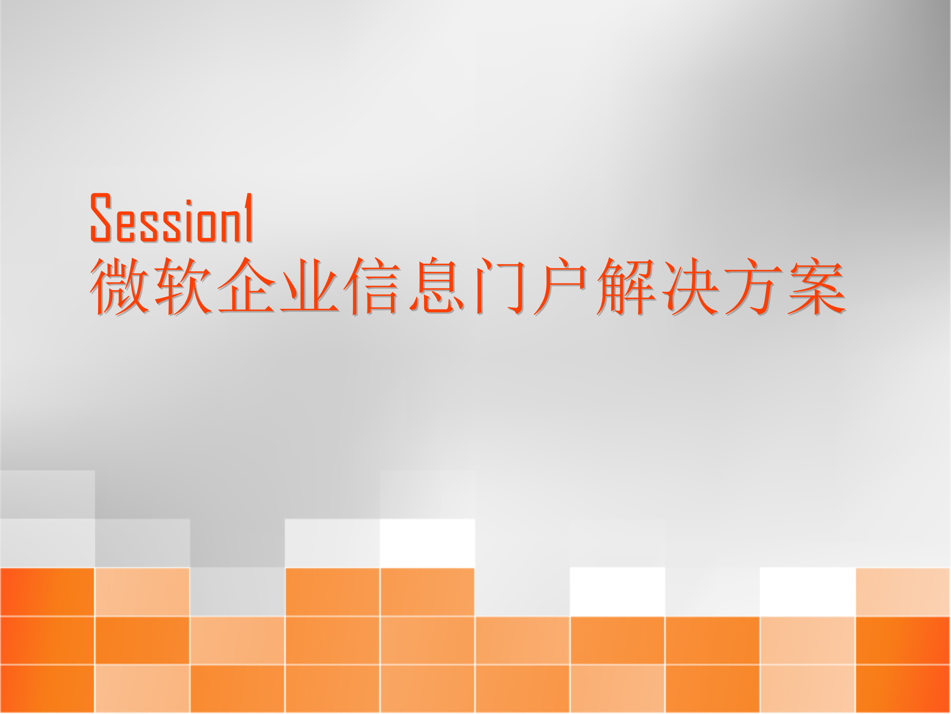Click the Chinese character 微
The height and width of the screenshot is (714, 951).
pos(119,287)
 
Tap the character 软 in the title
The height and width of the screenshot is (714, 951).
pos(183,287)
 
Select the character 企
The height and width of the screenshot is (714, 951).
pos(246,287)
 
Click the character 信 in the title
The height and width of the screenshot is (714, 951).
pos(372,287)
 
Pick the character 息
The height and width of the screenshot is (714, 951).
pos(436,287)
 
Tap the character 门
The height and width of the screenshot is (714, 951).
pos(500,287)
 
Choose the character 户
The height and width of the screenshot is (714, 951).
pos(561,287)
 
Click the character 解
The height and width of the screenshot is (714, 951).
pos(626,287)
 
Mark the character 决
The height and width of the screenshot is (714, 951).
pos(690,287)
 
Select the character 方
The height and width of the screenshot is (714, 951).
pos(753,287)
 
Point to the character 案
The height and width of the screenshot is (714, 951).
pos(817,287)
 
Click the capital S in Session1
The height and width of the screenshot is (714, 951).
pos(101,218)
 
